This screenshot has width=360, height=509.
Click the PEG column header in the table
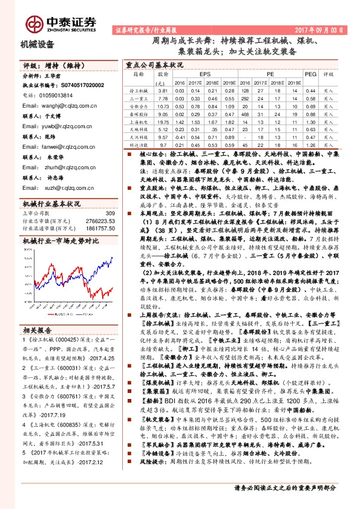click(310, 74)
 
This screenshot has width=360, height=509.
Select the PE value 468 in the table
click(243, 112)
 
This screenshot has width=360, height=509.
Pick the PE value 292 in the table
click(243, 97)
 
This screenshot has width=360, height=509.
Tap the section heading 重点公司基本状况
click(154, 64)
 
